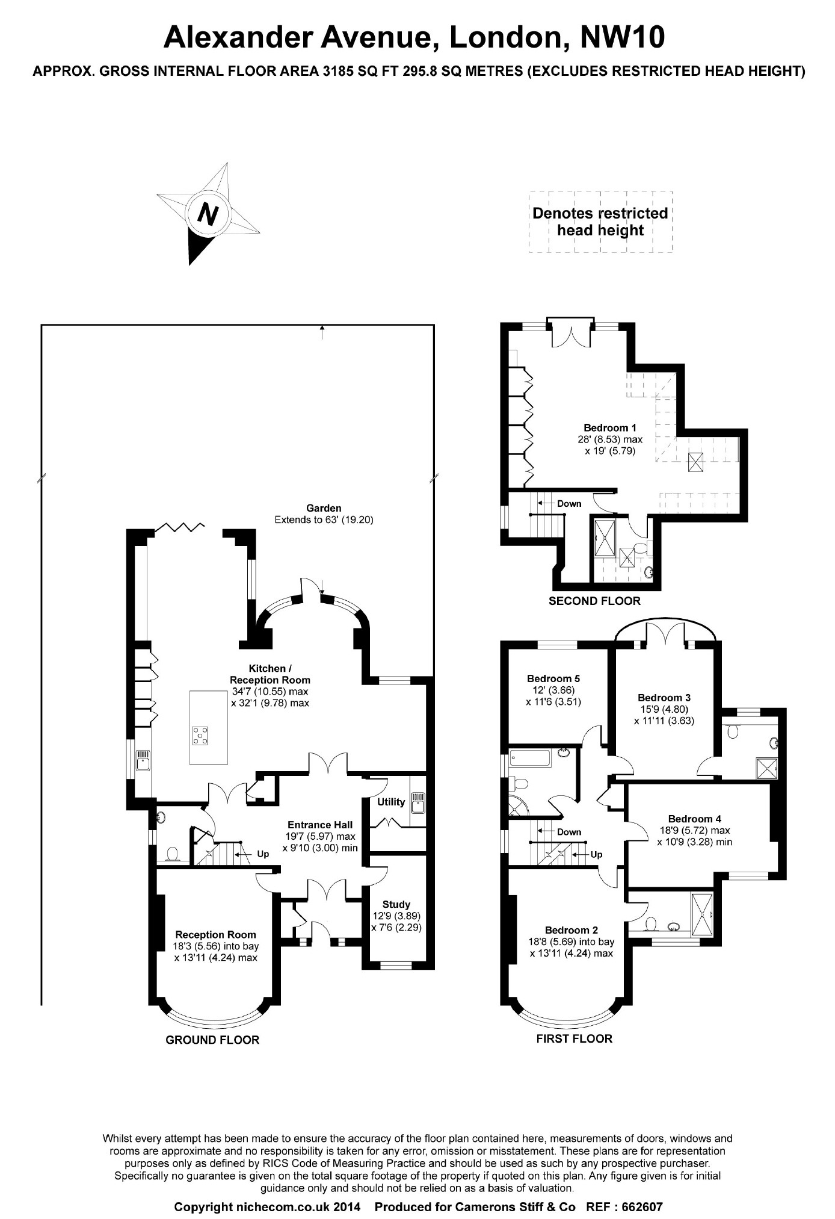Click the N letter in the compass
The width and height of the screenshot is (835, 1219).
[x=208, y=214]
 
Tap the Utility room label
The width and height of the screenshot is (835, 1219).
[x=391, y=802]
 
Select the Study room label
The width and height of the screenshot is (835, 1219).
[x=396, y=904]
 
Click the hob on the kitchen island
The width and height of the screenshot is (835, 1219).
[x=200, y=735]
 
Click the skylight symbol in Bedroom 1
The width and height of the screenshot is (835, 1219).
[x=696, y=462]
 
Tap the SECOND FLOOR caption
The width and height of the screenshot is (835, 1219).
[x=594, y=601]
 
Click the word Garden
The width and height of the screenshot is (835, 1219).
[x=324, y=508]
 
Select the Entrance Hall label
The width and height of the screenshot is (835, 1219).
[x=320, y=825]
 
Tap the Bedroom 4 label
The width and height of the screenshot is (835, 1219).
[x=695, y=819]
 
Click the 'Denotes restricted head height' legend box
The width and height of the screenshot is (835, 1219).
[x=600, y=222]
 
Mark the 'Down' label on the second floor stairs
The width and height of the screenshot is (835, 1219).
[x=569, y=503]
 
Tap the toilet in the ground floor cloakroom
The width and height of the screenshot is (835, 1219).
[x=172, y=855]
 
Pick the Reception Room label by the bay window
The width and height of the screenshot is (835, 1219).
[x=215, y=934]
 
